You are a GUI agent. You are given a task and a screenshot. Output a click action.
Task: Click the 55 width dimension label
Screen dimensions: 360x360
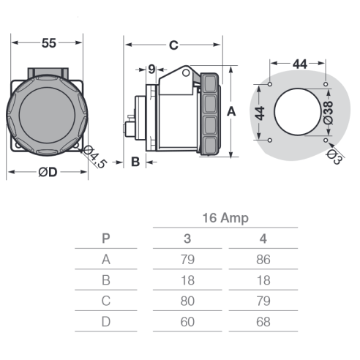point(49,43)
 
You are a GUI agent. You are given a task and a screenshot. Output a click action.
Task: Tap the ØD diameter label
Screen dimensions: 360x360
point(48,172)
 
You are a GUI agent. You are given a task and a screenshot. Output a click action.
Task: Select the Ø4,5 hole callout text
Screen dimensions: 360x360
point(95,157)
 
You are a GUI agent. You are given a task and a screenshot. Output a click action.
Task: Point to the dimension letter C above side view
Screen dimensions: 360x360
point(173,45)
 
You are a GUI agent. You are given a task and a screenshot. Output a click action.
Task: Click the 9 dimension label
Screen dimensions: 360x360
point(151,70)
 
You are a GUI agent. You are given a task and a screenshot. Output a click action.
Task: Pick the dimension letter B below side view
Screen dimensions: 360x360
point(135,162)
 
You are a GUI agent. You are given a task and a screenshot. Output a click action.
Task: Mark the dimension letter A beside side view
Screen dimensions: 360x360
point(231,112)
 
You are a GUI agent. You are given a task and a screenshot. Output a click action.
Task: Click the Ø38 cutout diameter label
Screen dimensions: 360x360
point(329,113)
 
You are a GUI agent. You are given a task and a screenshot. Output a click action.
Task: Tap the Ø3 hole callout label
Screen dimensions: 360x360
point(334,157)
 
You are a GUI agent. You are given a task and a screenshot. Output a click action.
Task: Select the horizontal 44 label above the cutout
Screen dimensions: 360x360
point(300,64)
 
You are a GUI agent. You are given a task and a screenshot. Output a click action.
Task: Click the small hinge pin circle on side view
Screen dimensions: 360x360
point(186,72)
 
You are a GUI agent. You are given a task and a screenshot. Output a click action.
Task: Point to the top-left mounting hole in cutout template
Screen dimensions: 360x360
point(270,84)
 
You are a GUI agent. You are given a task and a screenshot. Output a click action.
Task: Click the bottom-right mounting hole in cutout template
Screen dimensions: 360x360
point(326,140)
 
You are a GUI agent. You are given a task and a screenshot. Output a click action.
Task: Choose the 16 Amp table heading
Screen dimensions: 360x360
point(225,218)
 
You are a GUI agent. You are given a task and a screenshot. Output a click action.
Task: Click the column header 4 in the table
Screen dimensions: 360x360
point(263,239)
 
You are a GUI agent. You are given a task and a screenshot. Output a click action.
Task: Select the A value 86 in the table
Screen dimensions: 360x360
point(263,260)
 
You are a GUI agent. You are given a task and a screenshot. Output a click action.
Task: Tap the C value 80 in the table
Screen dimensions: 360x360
point(187,301)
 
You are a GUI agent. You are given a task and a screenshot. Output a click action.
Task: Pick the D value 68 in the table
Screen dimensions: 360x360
point(263,322)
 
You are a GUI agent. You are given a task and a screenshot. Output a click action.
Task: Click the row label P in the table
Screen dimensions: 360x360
point(106,239)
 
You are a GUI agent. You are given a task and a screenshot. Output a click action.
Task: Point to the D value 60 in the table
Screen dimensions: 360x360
point(187,322)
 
